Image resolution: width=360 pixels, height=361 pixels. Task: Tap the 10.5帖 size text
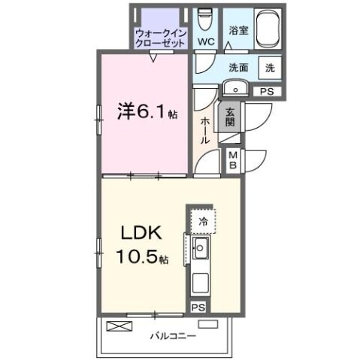tap(142, 257)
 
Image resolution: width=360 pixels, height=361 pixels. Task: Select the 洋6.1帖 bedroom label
tap(147, 112)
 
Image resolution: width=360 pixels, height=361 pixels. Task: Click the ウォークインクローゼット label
tap(161, 38)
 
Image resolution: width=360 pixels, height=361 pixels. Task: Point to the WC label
tap(204, 41)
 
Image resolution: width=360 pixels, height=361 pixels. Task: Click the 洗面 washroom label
tap(238, 66)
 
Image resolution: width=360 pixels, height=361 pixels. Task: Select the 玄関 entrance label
tap(230, 117)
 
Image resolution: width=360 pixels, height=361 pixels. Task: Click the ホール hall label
tap(204, 132)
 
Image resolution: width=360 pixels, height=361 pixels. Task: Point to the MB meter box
tap(233, 159)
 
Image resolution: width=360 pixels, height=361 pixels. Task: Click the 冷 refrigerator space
tap(203, 221)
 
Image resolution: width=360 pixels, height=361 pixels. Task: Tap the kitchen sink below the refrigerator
tap(201, 250)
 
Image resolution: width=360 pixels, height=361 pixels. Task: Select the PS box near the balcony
tap(197, 307)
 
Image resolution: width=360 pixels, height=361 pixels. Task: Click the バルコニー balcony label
tap(172, 335)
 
